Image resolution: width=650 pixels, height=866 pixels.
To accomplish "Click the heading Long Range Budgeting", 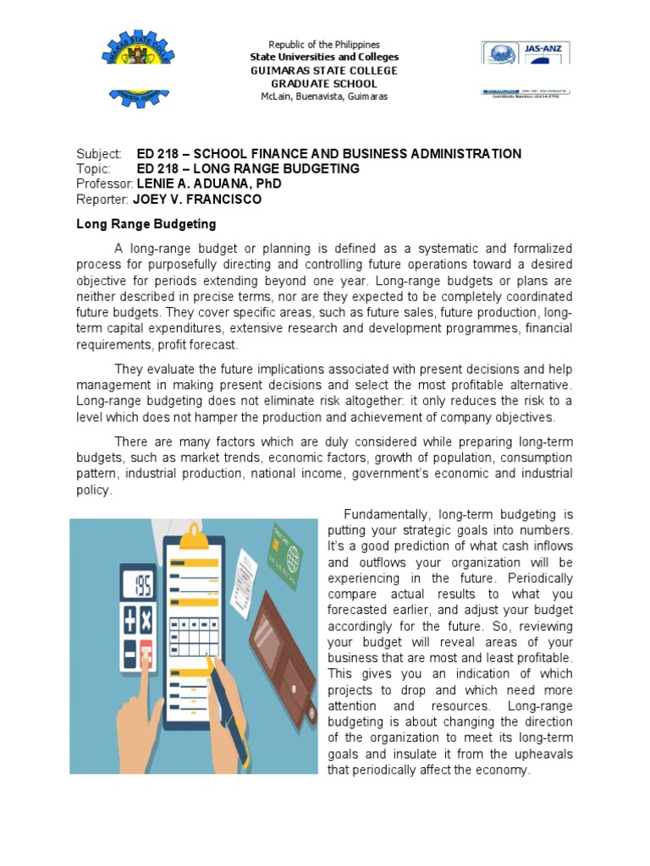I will [146, 224].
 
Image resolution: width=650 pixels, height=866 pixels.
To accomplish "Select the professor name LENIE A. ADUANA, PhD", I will [208, 184].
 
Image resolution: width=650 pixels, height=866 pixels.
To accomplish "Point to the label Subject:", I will [100, 153].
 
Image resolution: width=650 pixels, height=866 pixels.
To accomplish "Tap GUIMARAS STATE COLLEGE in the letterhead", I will [324, 71].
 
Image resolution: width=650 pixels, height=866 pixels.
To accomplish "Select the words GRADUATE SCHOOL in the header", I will [324, 85].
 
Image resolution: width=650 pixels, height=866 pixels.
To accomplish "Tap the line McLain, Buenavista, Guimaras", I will [324, 97].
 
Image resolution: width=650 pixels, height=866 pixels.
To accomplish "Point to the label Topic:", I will [94, 168].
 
